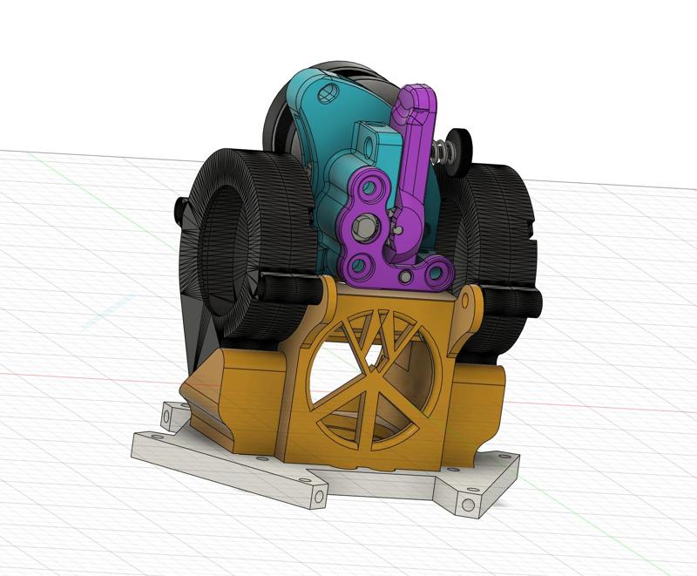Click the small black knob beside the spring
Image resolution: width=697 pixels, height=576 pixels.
[457, 144]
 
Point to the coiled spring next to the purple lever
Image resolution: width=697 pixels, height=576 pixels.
[440, 151]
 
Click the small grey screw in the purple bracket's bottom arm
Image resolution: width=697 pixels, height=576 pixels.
[406, 277]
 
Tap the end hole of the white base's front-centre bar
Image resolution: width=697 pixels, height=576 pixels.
[319, 498]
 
